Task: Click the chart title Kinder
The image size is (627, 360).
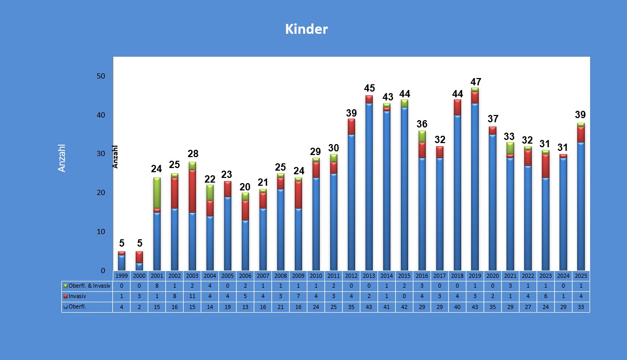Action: pos(306,29)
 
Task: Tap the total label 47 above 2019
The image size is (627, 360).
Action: pos(475,82)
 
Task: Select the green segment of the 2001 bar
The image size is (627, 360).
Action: pos(157,193)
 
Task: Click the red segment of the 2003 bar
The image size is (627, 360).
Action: pos(192,191)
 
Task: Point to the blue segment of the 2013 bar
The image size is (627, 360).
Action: pos(369,187)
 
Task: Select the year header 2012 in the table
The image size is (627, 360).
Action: pos(351,276)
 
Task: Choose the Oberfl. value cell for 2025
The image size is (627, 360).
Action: pos(581,307)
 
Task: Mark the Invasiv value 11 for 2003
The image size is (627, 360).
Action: pos(192,297)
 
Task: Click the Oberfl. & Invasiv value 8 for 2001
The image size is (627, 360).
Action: pos(157,286)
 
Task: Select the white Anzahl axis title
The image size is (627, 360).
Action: pos(62,158)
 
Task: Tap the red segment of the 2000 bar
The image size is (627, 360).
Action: pos(139,257)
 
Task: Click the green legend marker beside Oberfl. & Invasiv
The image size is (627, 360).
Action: pos(66,286)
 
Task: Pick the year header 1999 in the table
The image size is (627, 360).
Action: pos(122,276)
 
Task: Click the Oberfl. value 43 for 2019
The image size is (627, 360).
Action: pos(475,307)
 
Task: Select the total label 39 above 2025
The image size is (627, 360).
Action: pos(581,114)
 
